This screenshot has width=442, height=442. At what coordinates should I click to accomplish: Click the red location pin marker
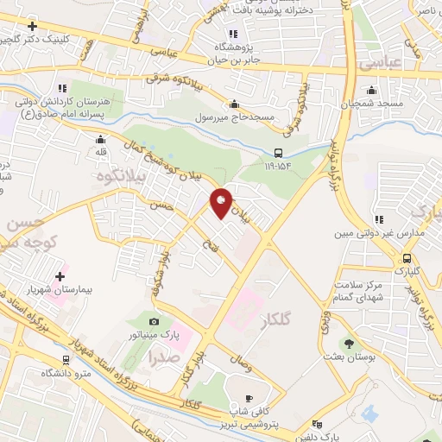click(222, 204)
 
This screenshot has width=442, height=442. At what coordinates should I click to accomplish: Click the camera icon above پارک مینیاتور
click(155, 320)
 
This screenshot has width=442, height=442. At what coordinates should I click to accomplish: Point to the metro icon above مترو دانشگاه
click(66, 360)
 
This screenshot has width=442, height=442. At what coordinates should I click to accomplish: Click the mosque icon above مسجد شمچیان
click(372, 90)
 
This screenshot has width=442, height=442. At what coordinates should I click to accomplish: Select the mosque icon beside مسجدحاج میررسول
click(286, 116)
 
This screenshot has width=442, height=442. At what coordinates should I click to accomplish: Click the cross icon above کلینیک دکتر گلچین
click(32, 26)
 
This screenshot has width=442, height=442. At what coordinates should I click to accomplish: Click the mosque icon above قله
click(102, 139)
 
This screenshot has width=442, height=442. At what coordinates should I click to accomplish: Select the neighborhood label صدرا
click(165, 354)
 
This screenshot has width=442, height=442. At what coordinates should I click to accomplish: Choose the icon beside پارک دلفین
click(317, 424)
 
